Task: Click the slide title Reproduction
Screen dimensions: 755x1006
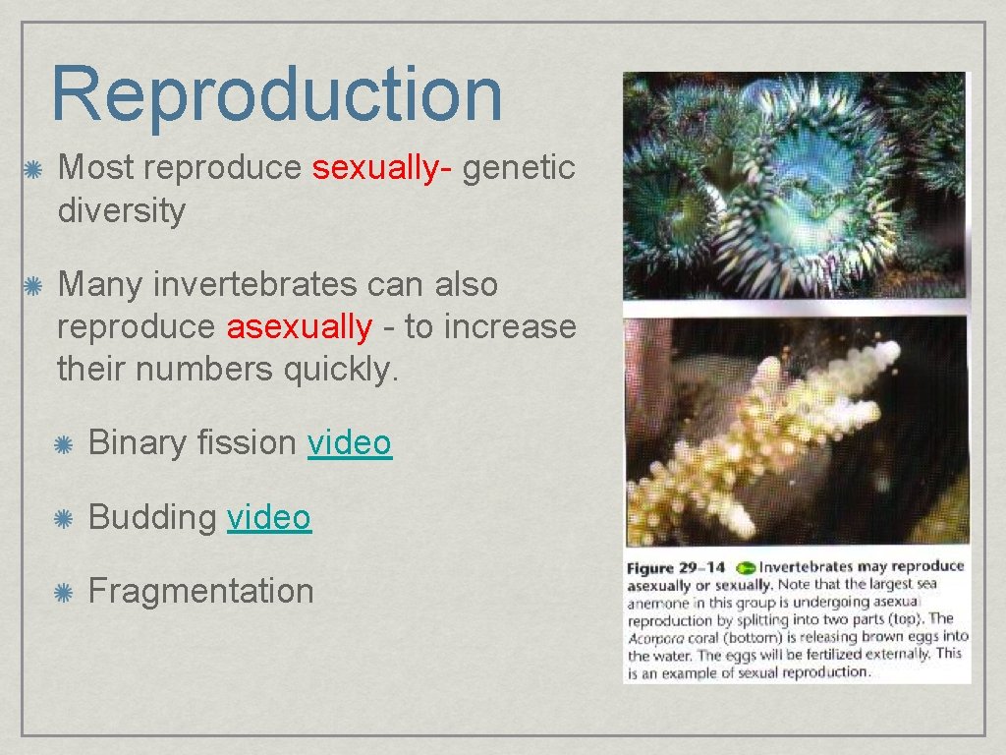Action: pos(276,94)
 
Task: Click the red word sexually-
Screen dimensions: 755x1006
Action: pos(381,168)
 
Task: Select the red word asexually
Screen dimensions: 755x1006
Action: pos(300,326)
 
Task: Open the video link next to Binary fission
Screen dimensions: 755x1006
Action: pos(350,443)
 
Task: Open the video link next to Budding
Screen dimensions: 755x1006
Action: pos(269,517)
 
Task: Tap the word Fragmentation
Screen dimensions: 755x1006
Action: pos(201,591)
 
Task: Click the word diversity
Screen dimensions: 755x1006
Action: pos(121,210)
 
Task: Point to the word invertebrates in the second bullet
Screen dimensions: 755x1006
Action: pos(250,285)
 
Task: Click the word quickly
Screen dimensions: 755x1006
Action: pos(339,370)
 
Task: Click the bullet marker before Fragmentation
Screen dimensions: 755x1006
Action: pos(63,593)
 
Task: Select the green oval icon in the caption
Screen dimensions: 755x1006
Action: pos(746,567)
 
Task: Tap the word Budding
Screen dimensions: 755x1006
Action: pos(153,518)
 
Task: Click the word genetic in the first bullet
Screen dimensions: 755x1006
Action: pos(519,168)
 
